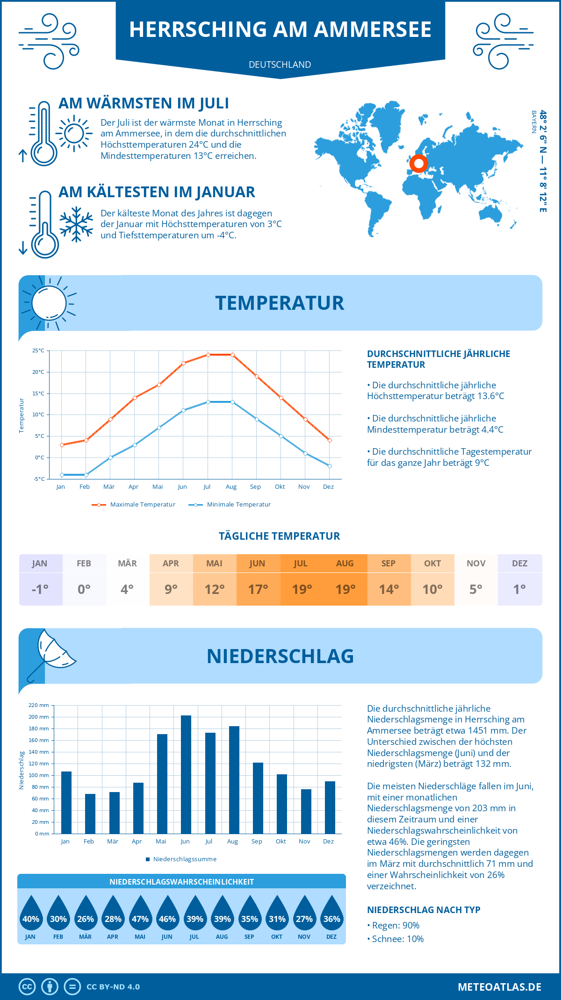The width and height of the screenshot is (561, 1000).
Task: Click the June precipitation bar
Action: point(186,774)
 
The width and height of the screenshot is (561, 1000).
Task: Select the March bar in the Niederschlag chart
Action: point(114,813)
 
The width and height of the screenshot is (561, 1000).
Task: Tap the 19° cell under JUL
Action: point(302,589)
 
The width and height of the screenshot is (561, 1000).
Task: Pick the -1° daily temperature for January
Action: point(40,589)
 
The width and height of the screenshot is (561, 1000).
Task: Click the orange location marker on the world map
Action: point(418,164)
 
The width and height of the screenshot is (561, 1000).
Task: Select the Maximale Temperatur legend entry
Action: point(134,505)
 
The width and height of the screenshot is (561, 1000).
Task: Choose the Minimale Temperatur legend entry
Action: point(230,505)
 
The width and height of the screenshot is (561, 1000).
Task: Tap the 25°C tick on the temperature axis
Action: point(38,350)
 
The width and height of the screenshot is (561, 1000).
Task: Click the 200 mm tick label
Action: point(39,717)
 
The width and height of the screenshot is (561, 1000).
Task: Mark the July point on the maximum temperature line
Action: point(208,355)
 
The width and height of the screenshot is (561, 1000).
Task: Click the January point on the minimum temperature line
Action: point(62,475)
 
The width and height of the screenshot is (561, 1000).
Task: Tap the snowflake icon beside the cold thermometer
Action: point(76,224)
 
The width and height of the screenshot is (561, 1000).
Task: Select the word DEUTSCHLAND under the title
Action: point(280,64)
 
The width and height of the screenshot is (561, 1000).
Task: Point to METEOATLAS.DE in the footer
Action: point(499,987)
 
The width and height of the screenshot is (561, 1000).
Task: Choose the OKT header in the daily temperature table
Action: point(432,564)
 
